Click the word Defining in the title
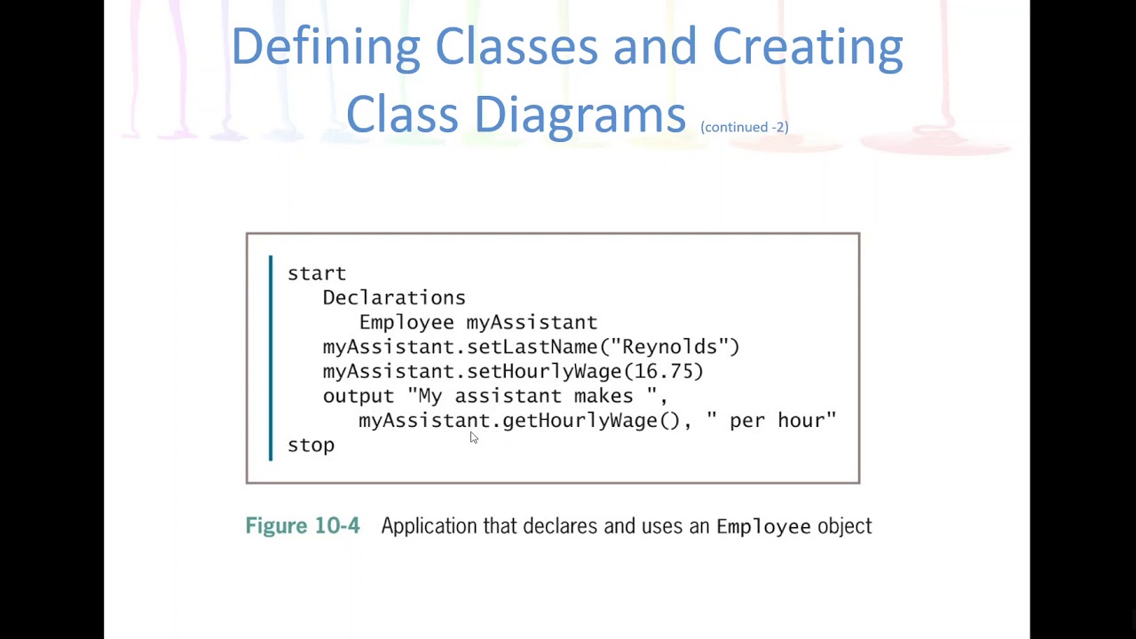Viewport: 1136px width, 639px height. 325,48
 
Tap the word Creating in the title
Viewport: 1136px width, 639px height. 808,48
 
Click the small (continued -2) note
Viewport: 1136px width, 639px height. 744,127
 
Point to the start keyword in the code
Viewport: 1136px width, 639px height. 317,273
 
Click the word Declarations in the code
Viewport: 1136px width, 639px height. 394,298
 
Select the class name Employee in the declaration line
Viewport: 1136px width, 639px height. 406,322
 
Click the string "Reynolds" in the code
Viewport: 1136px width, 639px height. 675,347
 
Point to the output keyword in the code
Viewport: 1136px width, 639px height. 358,396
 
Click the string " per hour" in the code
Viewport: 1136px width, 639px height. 771,421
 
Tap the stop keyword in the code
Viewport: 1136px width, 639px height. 311,446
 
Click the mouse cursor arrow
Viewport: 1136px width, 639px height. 473,437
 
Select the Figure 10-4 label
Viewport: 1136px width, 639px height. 303,526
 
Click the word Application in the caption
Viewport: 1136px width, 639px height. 429,526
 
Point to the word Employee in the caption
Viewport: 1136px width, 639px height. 763,526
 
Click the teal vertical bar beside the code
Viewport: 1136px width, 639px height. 271,359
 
